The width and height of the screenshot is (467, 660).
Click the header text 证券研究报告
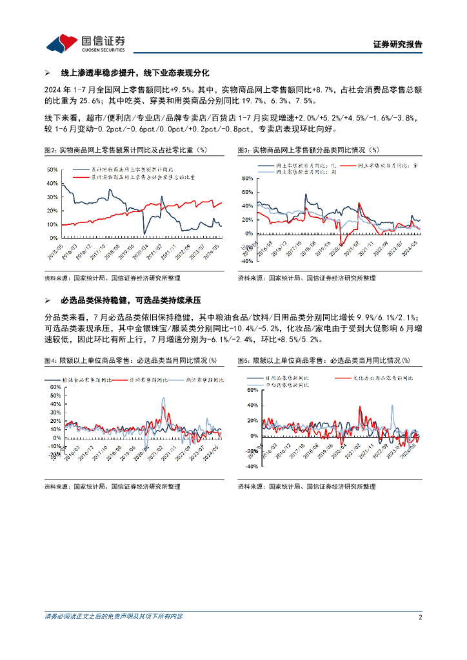pos(398,44)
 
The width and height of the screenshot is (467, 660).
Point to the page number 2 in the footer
pos(420,617)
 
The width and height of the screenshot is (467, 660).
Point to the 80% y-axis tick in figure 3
pos(246,178)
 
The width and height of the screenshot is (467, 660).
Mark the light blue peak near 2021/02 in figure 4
pos(163,399)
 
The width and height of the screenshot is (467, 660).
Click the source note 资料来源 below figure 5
pos(306,487)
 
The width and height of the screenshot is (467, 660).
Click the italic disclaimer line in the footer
pos(114,616)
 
